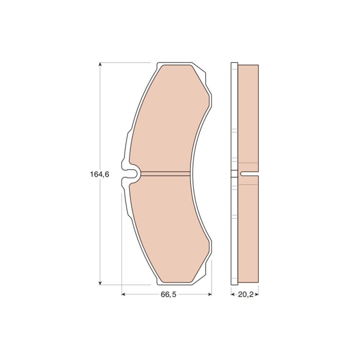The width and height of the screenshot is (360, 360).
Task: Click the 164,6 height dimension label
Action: (x=99, y=175)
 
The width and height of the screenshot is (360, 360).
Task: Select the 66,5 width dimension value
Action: (x=168, y=294)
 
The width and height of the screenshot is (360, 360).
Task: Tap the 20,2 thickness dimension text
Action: (x=246, y=294)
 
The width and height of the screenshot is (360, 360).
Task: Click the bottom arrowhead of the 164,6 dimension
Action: (x=100, y=283)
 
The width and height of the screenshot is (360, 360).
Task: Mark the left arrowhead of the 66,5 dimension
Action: (x=123, y=294)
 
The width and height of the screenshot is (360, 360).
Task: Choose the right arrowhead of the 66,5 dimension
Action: (x=210, y=294)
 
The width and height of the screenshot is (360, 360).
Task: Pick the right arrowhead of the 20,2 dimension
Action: (x=257, y=294)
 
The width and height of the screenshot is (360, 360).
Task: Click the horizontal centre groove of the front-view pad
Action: (x=165, y=174)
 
